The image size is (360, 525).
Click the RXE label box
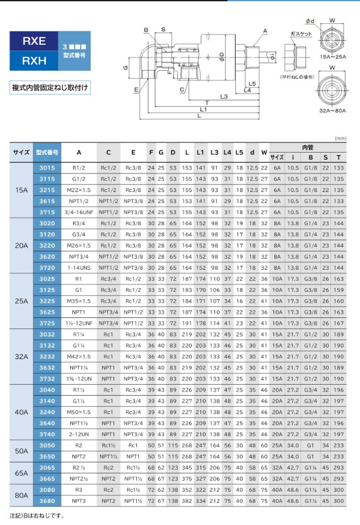pos(34,42)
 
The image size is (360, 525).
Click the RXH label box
pos(34,60)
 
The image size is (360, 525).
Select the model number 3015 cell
pos(47,168)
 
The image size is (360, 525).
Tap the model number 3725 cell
pos(47,323)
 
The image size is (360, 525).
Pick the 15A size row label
pos(21,190)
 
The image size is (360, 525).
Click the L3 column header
pos(214,152)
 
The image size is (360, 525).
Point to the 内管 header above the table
pos(308,147)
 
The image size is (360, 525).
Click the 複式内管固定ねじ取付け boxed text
pos(50,88)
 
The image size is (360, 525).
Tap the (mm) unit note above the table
pos(340,138)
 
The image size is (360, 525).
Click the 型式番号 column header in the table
pos(47,152)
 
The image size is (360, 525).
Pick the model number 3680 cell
pos(47,500)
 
